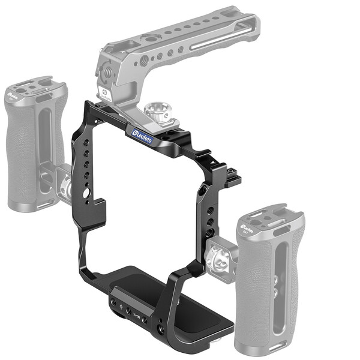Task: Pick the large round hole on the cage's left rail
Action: point(88,193)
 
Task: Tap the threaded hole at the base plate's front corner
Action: point(161,329)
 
